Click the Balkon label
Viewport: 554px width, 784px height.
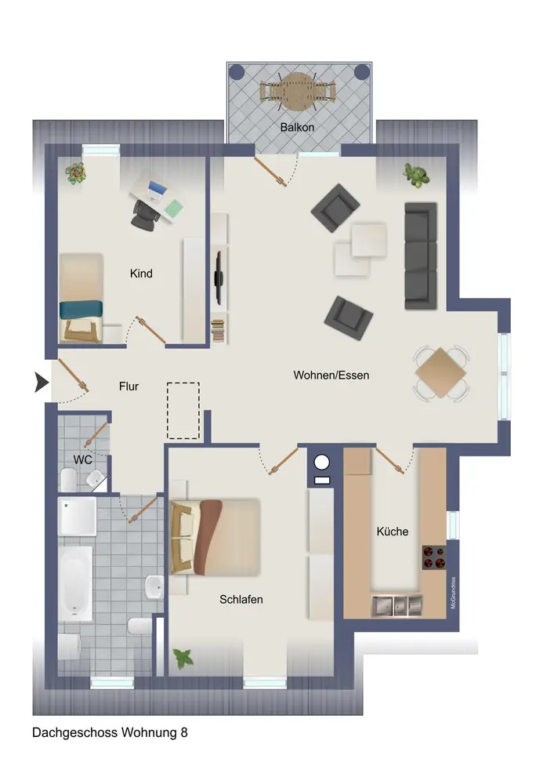click(x=297, y=128)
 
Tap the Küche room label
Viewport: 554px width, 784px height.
click(x=392, y=531)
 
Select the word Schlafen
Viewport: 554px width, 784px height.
click(x=241, y=599)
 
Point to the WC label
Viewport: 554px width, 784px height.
click(x=82, y=459)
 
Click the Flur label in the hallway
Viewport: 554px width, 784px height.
click(x=129, y=386)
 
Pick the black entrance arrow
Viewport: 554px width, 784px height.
click(x=42, y=383)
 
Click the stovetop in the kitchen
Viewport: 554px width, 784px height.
click(x=434, y=557)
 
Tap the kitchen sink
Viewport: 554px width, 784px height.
click(x=397, y=606)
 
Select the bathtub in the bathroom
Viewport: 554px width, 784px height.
click(x=75, y=583)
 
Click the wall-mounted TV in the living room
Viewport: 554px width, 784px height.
click(x=219, y=278)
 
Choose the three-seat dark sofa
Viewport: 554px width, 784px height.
click(x=421, y=256)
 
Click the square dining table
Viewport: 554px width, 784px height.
click(x=440, y=372)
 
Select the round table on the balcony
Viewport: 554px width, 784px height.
click(x=297, y=92)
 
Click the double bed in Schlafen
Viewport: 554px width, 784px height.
click(x=215, y=537)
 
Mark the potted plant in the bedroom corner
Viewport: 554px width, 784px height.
click(x=183, y=659)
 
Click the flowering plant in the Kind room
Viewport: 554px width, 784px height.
click(x=75, y=173)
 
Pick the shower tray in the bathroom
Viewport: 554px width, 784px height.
click(x=78, y=516)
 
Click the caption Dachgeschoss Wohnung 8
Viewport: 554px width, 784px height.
click(x=110, y=732)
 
